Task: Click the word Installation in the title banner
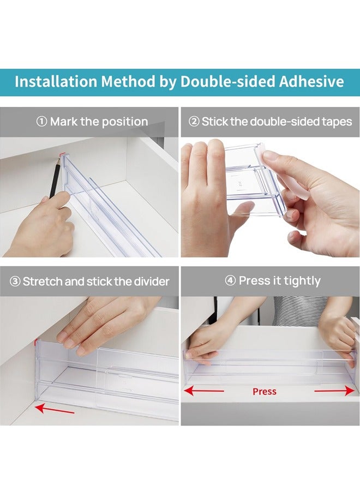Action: point(56,81)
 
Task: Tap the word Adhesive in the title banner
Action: point(311,81)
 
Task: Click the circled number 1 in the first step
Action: point(41,122)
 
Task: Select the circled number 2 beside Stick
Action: point(194,122)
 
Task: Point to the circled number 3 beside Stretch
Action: point(15,282)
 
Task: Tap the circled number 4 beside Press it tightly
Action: point(230,280)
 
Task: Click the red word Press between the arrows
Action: point(265,391)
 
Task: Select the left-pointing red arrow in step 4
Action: point(204,391)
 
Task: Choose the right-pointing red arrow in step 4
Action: point(334,391)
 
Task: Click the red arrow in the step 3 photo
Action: point(55,409)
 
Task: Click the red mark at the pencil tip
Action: point(61,155)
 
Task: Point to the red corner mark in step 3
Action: point(37,342)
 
